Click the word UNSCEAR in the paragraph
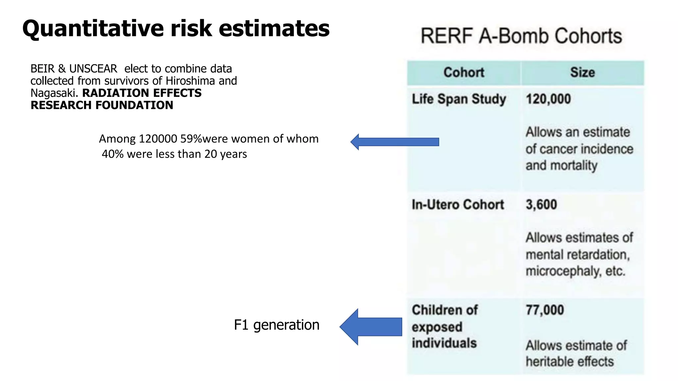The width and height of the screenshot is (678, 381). [93, 69]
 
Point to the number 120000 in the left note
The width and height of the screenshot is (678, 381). [158, 139]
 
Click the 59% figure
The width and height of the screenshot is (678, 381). [191, 139]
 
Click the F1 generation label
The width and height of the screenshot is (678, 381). [276, 325]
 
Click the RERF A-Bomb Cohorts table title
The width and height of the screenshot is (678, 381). [521, 36]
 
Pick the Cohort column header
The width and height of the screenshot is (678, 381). [463, 72]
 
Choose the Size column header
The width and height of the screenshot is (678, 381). [582, 72]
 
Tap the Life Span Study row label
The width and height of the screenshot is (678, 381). [459, 99]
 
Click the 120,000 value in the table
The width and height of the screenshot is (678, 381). [548, 99]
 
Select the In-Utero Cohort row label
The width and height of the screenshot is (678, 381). [458, 205]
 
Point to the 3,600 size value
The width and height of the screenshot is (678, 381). [541, 205]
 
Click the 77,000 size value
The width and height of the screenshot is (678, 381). [545, 310]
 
